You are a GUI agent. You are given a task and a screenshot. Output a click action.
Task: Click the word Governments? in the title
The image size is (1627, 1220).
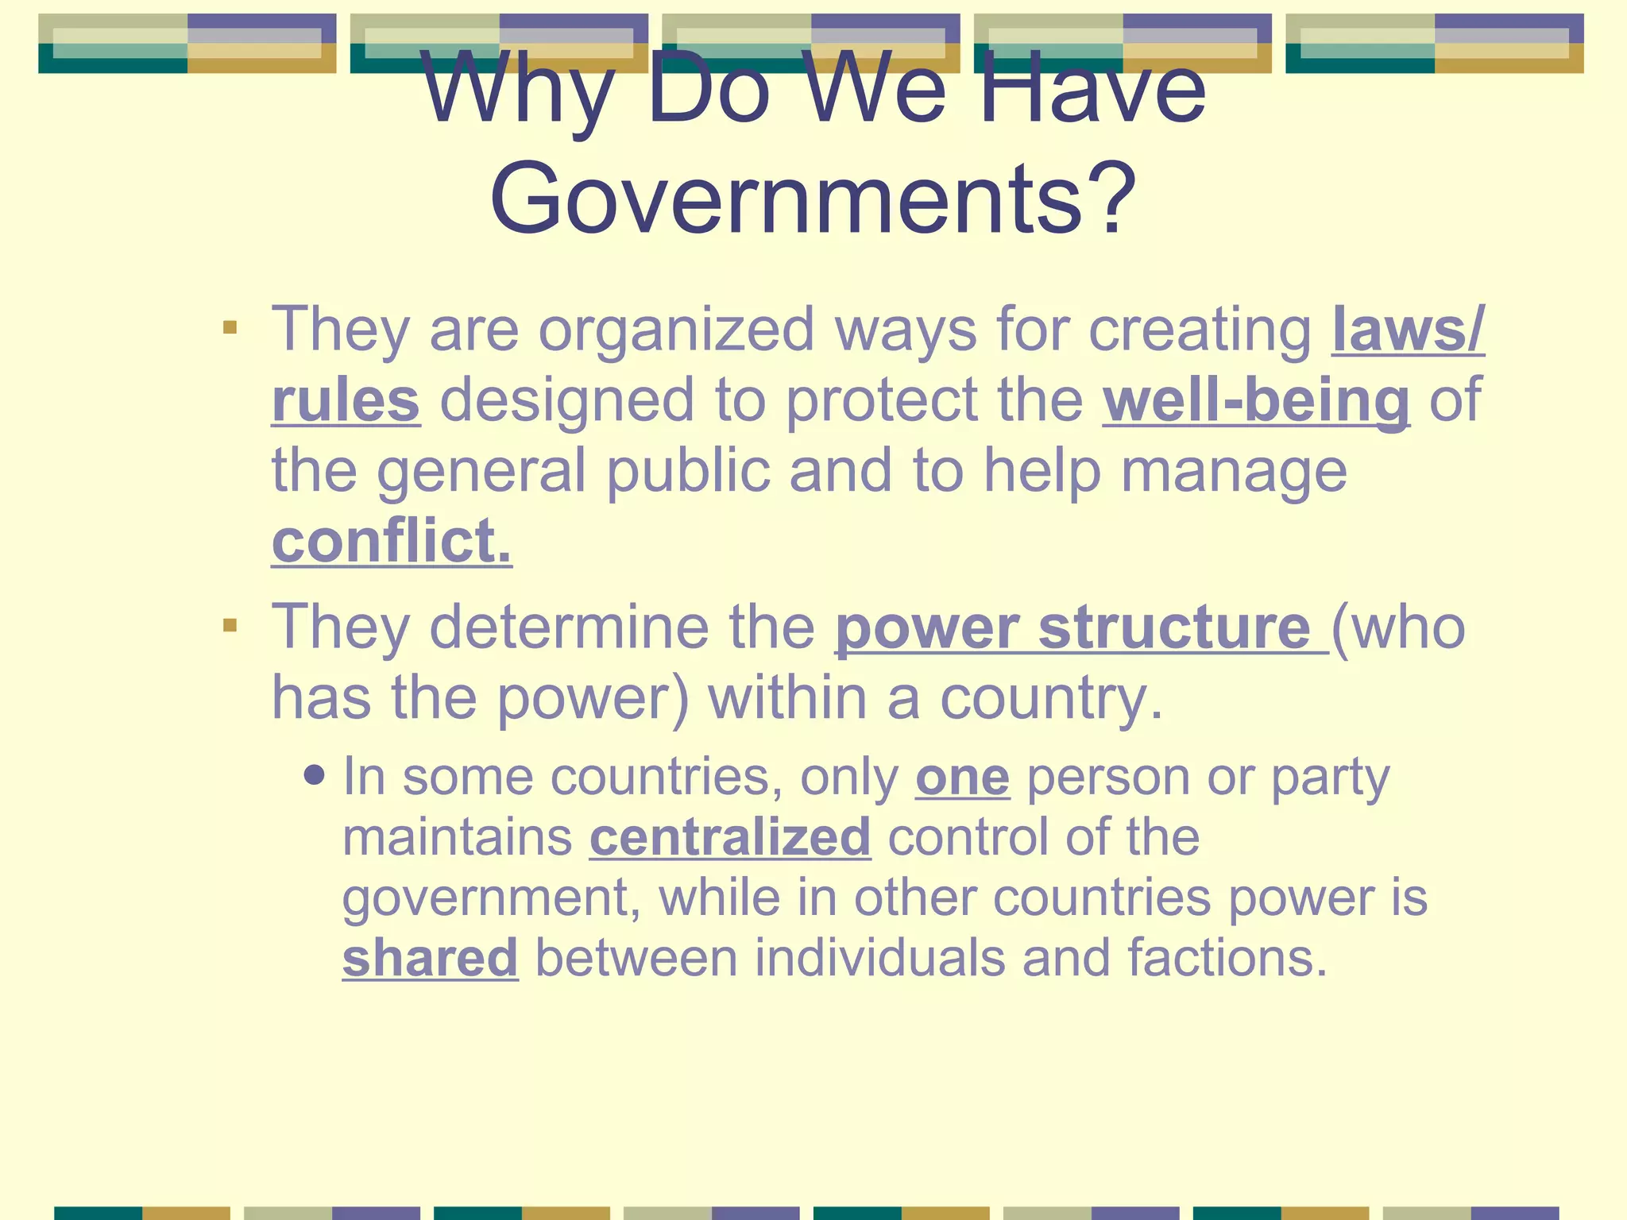(x=813, y=199)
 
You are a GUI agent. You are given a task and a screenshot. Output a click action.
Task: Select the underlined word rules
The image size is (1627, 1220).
(x=346, y=400)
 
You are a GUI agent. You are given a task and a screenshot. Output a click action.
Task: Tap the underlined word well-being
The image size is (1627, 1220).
(x=1256, y=400)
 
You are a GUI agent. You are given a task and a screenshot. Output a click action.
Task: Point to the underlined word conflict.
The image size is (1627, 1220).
(x=392, y=542)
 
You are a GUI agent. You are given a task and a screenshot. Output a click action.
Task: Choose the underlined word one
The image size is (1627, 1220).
(x=962, y=777)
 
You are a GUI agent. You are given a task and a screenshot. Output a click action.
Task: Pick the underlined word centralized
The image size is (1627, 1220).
(x=730, y=837)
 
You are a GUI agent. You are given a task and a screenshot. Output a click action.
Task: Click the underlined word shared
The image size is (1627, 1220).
(x=430, y=958)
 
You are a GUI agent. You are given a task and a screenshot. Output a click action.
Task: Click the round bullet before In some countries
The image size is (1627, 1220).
(x=315, y=774)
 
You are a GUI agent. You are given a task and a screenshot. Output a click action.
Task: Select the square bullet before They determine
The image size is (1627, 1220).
(x=230, y=626)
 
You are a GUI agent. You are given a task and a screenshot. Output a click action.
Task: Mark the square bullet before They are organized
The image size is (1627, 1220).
(x=230, y=327)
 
